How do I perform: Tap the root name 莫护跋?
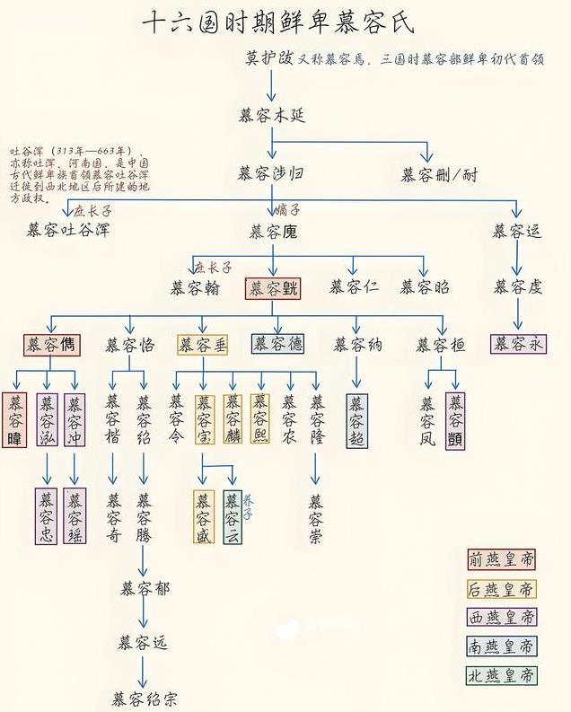[x=269, y=58]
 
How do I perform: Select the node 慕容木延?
[x=273, y=116]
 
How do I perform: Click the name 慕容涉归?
[x=272, y=173]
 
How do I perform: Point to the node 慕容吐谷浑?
[x=68, y=231]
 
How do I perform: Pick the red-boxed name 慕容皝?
[x=273, y=288]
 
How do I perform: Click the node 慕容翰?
[x=194, y=288]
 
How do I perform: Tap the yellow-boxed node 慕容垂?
[x=202, y=345]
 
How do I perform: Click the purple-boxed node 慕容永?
[x=518, y=344]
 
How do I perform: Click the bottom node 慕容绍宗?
[x=144, y=696]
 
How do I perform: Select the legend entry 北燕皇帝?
[x=501, y=675]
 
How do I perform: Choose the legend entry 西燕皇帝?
[x=501, y=618]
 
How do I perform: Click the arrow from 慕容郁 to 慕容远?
[x=144, y=616]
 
